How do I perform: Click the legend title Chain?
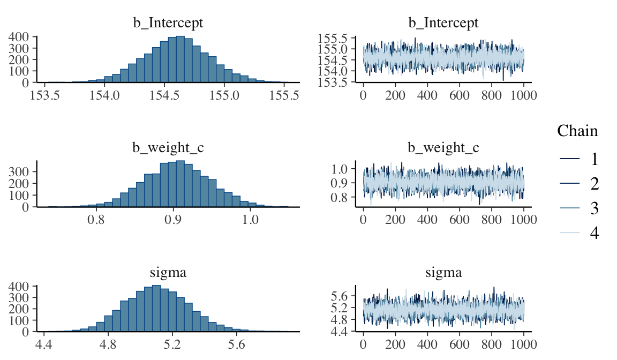point(577,131)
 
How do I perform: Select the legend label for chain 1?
point(594,159)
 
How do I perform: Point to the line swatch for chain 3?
point(569,208)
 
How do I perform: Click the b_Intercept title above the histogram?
point(168,23)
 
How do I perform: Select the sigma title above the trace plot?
point(443,273)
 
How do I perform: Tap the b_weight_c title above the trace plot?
point(443,148)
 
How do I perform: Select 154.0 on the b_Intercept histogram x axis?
point(104,96)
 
